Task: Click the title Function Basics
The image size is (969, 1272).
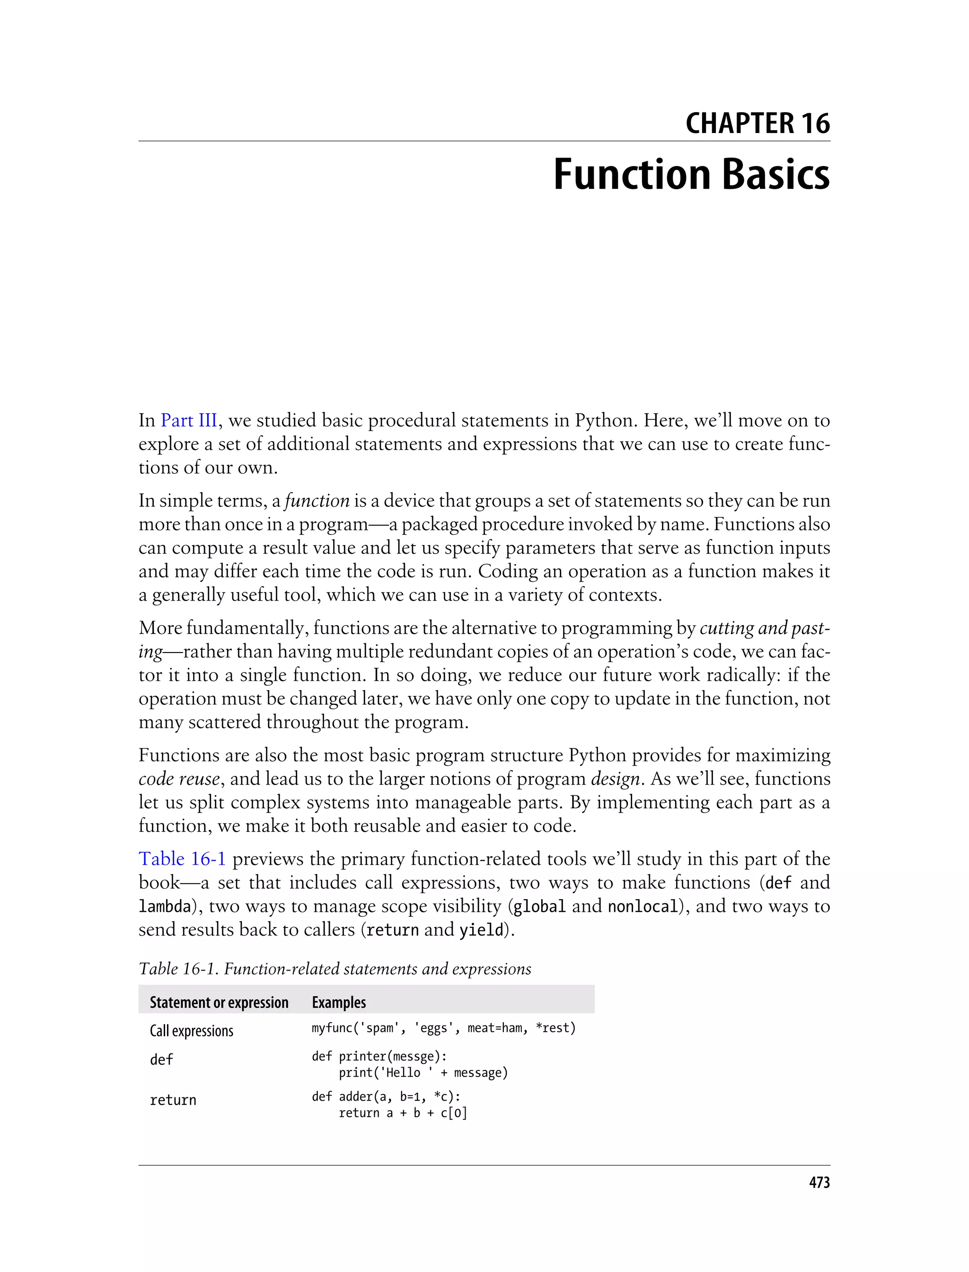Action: coord(691,174)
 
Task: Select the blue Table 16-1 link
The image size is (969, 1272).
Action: coord(182,858)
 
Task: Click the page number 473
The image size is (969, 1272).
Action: coord(819,1183)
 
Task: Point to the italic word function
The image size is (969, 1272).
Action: coord(317,500)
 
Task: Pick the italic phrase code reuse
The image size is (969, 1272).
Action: coord(179,779)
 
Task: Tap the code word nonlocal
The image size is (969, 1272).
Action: coord(643,906)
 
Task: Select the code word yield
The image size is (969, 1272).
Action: coord(481,929)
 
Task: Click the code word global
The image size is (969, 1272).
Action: coord(539,906)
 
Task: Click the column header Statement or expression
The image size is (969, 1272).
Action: coord(219,1003)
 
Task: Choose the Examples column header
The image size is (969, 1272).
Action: coord(339,1003)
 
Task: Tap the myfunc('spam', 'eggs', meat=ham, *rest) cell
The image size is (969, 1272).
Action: coord(443,1028)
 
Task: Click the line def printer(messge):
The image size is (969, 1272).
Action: coord(379,1056)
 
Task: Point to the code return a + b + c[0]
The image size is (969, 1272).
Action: coord(403,1113)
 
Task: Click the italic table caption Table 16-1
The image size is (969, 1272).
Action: coord(335,969)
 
